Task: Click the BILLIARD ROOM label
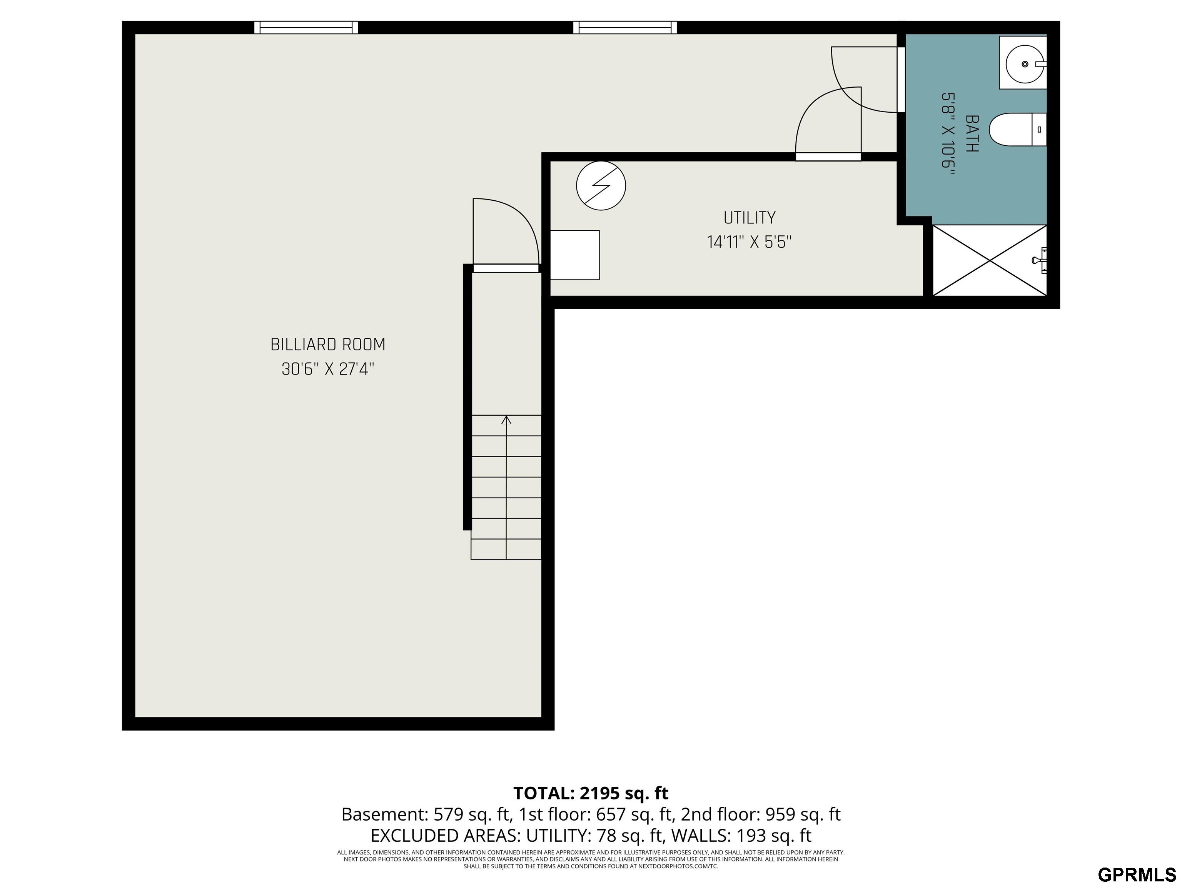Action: coord(327,345)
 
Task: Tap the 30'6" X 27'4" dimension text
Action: coord(327,369)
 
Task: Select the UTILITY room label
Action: coord(749,218)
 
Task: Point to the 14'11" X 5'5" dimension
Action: coord(749,243)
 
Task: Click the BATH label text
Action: coord(972,133)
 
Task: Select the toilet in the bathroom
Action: coord(1015,129)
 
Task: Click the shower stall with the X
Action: coord(990,260)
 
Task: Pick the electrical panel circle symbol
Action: coord(601,185)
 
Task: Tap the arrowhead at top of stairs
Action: coord(506,420)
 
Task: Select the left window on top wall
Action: coord(306,27)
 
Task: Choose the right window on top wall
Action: coord(624,27)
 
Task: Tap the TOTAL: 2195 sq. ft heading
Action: coord(591,793)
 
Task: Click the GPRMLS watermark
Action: coord(1137,874)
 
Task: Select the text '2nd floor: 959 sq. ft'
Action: coord(760,814)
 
